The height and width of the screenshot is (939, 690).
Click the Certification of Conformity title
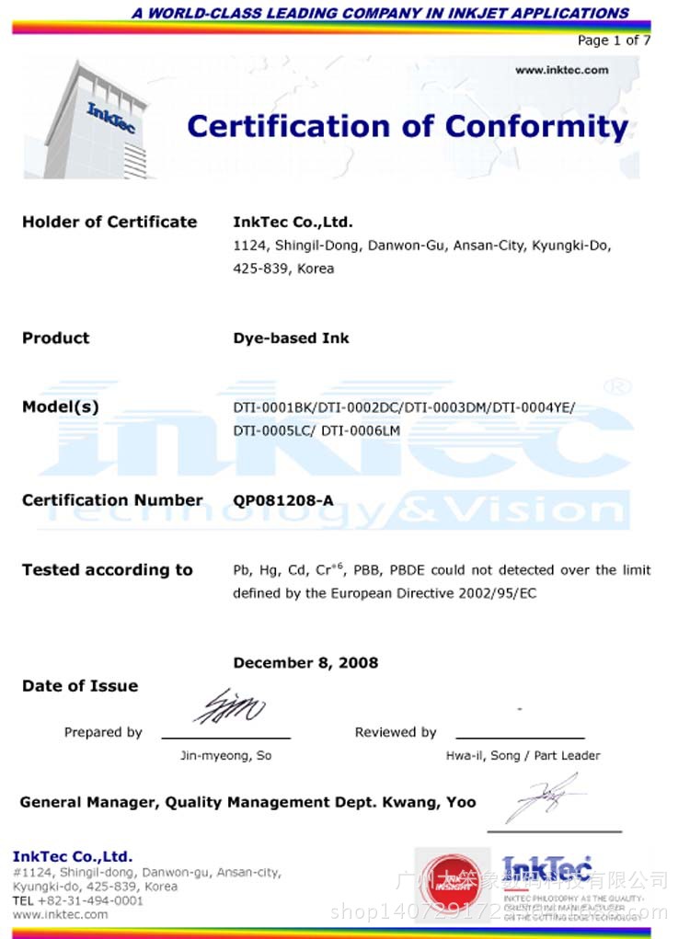click(x=408, y=126)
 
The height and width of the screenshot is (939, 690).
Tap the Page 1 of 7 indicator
click(x=614, y=40)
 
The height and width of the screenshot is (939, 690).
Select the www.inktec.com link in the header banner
click(x=561, y=70)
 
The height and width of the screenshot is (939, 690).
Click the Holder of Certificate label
click(x=109, y=222)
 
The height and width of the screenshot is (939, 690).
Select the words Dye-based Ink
click(x=291, y=338)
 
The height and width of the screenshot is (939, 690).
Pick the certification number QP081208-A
click(x=283, y=500)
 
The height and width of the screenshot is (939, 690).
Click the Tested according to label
click(x=108, y=570)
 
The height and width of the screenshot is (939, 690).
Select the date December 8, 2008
click(x=305, y=663)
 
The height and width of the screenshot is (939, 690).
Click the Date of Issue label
click(x=80, y=686)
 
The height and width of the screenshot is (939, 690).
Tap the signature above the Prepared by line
click(x=229, y=708)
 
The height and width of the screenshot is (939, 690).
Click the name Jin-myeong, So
click(x=225, y=756)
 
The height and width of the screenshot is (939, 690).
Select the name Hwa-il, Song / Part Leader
click(x=521, y=756)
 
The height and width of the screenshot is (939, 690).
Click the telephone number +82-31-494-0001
click(x=90, y=900)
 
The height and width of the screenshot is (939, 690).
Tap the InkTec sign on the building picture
click(x=110, y=117)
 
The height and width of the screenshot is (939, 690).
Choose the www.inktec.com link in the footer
click(x=60, y=914)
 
